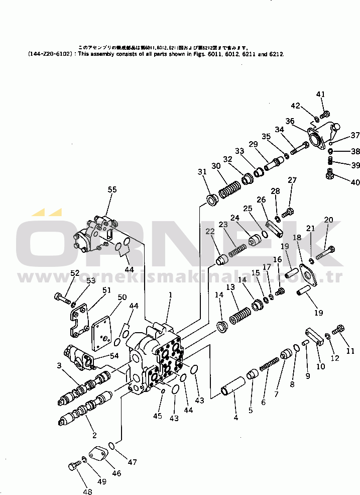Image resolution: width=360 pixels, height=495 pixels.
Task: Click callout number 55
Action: [112, 189]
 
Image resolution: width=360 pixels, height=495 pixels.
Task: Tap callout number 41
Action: [321, 94]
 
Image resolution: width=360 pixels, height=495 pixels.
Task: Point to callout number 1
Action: [170, 295]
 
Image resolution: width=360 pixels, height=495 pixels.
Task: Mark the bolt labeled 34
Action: [300, 148]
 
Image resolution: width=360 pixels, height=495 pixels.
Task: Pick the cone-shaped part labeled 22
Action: [222, 259]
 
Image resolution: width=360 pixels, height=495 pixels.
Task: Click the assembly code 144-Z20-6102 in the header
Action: [51, 54]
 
